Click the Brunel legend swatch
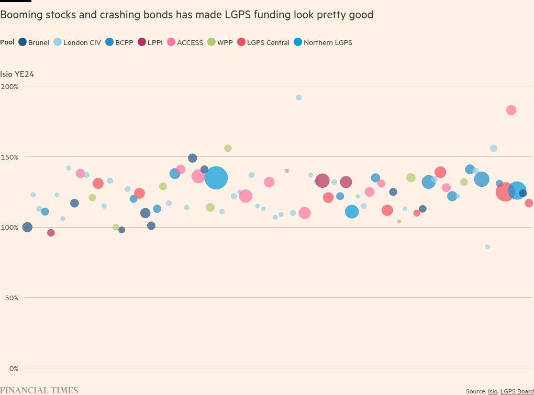[23, 42]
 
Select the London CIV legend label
[82, 43]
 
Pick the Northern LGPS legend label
[328, 43]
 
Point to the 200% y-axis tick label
[9, 86]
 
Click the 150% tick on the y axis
[9, 157]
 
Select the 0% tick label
[13, 368]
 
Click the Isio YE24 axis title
[17, 74]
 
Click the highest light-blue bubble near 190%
[299, 98]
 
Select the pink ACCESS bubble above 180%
[511, 110]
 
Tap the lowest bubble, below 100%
[487, 247]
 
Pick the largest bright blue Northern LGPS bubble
[216, 178]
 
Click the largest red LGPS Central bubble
[505, 191]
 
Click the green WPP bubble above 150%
[228, 149]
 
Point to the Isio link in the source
[493, 391]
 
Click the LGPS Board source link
[517, 391]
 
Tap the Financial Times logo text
[39, 390]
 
